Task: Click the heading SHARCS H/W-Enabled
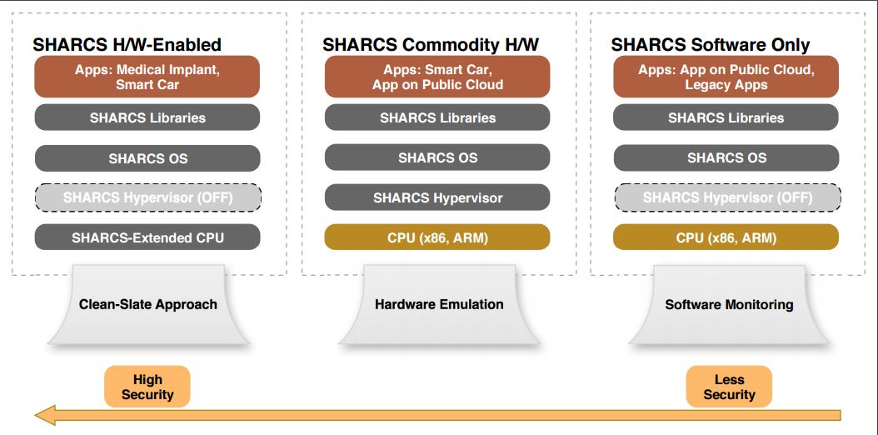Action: click(127, 45)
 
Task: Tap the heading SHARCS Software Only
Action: click(711, 45)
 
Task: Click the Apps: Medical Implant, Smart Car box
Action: click(147, 77)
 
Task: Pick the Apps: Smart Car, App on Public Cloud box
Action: click(437, 77)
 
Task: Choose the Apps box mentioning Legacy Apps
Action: click(726, 77)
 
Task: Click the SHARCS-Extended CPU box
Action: click(147, 237)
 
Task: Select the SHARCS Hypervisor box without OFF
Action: click(437, 197)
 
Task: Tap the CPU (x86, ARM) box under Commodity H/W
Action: click(437, 237)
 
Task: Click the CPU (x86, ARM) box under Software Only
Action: click(726, 237)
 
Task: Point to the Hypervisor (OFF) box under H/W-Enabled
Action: click(147, 197)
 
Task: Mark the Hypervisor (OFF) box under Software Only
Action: click(727, 197)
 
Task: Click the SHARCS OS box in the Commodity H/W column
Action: click(437, 157)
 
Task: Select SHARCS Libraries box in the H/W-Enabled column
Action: click(147, 117)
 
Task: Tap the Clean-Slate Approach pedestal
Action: click(147, 304)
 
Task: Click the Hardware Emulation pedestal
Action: click(439, 304)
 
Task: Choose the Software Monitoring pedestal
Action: click(729, 304)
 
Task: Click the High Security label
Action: click(147, 387)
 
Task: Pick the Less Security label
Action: click(729, 387)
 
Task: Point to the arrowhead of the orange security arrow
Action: click(36, 415)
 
